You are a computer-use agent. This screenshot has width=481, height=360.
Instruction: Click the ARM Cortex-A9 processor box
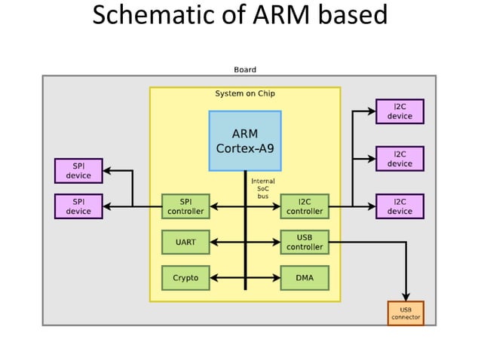click(245, 141)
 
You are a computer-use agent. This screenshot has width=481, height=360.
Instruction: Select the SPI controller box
click(185, 206)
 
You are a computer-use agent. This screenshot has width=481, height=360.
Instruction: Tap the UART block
click(185, 242)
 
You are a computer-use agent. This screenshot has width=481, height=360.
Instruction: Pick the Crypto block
click(185, 278)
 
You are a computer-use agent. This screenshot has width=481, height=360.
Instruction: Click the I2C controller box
click(305, 206)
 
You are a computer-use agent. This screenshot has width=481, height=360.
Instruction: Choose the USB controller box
click(305, 242)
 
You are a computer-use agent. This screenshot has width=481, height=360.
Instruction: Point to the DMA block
click(305, 278)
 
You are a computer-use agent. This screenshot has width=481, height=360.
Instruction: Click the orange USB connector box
click(406, 313)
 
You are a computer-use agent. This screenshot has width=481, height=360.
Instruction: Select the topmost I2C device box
click(400, 111)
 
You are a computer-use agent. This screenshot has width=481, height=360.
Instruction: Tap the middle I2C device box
click(400, 159)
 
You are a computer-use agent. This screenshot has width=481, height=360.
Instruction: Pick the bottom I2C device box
click(400, 206)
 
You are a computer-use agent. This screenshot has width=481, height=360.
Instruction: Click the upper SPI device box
click(78, 171)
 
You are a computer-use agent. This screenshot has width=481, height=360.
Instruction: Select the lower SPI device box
click(78, 206)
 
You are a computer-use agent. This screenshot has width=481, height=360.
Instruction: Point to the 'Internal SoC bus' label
click(263, 188)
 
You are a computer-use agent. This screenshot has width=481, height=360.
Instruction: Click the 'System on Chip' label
click(245, 94)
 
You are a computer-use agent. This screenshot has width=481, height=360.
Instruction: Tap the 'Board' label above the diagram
click(245, 69)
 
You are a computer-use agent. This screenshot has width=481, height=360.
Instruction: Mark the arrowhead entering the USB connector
click(406, 296)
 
